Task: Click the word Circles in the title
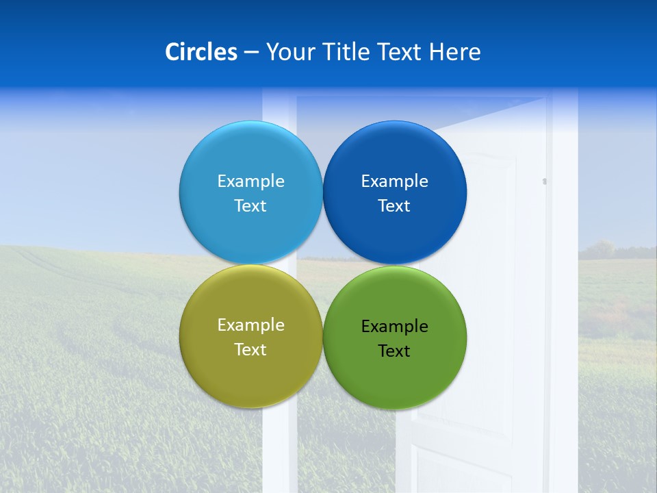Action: click(x=201, y=52)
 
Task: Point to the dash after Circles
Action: click(x=251, y=53)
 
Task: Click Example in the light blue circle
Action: click(x=250, y=181)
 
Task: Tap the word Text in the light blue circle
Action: click(x=250, y=205)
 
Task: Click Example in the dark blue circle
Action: click(x=394, y=181)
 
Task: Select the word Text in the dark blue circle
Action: click(x=394, y=205)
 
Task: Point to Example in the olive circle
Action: click(x=250, y=325)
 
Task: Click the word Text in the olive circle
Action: click(x=250, y=349)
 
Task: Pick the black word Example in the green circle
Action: click(x=394, y=326)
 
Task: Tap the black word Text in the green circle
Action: click(x=394, y=351)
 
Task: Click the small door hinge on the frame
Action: click(x=545, y=181)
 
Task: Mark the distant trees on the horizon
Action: click(x=602, y=249)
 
